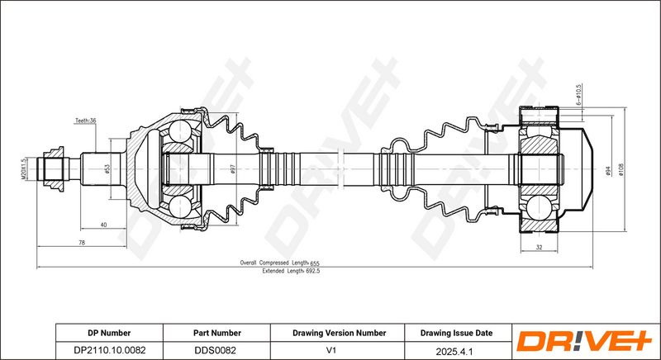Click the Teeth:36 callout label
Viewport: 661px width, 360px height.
pos(86,121)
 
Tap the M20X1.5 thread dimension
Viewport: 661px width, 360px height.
pos(24,168)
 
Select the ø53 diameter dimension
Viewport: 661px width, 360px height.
pos(107,168)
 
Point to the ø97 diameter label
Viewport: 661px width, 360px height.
pos(232,168)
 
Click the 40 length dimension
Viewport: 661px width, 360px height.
pos(103,225)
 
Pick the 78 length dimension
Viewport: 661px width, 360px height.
pos(82,243)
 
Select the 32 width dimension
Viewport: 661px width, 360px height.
pos(539,247)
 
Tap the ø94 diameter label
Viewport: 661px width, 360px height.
pos(608,171)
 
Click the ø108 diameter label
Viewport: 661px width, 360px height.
pos(621,169)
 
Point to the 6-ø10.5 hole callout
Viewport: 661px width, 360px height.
pos(578,94)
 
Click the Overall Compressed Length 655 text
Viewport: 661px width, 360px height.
pos(280,263)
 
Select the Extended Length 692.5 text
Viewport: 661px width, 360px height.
pos(291,271)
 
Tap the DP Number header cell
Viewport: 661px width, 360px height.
pos(109,333)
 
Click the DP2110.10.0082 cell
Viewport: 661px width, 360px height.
pos(110,350)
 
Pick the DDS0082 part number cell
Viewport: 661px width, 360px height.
pos(215,350)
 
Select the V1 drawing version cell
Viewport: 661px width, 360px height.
pos(332,350)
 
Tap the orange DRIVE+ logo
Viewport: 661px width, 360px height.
pos(584,341)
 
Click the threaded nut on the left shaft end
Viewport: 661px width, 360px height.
pos(54,168)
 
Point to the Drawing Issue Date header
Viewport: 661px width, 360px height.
pos(456,333)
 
